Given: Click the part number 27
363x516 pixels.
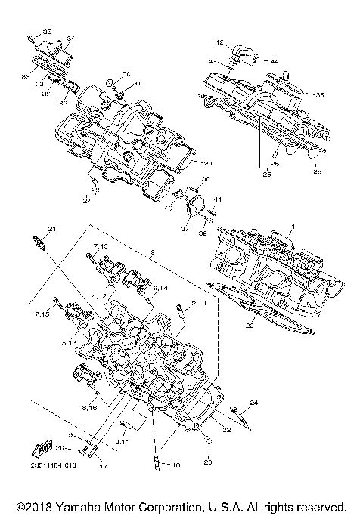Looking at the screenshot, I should (86, 202).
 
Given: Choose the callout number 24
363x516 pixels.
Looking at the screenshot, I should (254, 403).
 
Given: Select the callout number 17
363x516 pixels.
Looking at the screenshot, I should (103, 466).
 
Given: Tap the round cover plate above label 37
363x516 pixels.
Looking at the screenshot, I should (197, 205).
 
